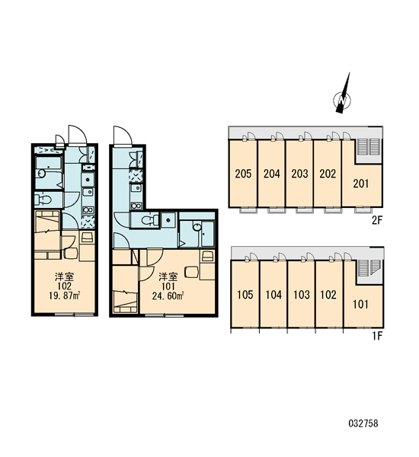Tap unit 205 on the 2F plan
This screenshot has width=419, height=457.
tap(243, 174)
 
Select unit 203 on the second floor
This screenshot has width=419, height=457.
tap(299, 174)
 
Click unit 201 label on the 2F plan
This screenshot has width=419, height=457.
tap(361, 184)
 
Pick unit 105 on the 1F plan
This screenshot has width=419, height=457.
tap(245, 294)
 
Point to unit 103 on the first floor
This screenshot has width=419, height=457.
tap(302, 294)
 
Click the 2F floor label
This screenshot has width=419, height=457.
tap(376, 220)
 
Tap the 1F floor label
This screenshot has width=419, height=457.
tap(377, 336)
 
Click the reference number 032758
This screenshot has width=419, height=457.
tap(363, 423)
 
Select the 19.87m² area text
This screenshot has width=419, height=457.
tap(65, 296)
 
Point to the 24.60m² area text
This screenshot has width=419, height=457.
tap(168, 296)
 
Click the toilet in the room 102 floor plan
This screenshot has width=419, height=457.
tap(43, 200)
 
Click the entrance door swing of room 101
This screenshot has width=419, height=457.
tap(123, 136)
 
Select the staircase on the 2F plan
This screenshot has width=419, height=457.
tap(369, 147)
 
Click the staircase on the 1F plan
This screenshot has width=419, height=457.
tap(369, 268)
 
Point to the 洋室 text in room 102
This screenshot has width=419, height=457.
tap(65, 276)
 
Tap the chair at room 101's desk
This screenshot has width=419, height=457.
tap(191, 273)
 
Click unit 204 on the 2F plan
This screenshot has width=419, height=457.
tap(271, 174)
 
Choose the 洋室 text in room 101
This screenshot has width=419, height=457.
tap(168, 276)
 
